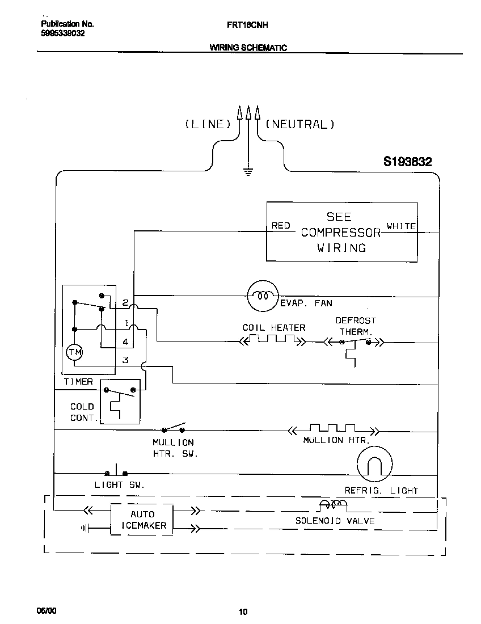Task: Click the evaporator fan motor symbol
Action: click(x=263, y=296)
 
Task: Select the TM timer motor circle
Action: click(x=74, y=352)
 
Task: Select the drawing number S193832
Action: click(x=407, y=162)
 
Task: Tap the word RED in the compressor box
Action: click(x=281, y=226)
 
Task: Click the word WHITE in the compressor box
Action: click(x=401, y=226)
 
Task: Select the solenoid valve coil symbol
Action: click(x=332, y=504)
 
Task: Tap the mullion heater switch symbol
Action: click(x=174, y=428)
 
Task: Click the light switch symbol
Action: click(x=116, y=471)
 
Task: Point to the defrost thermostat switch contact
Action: click(x=355, y=342)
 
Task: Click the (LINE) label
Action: click(x=208, y=124)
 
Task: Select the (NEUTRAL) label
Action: click(x=300, y=124)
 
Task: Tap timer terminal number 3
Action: click(x=125, y=360)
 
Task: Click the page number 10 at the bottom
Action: click(x=243, y=612)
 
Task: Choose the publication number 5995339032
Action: click(x=64, y=33)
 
